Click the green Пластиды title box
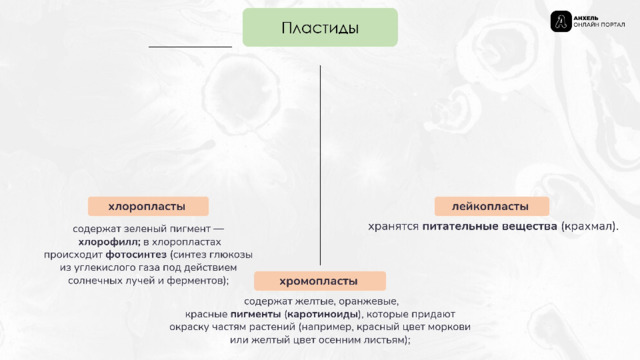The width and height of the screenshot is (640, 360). (x=320, y=27)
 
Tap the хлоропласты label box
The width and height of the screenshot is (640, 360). (x=148, y=206)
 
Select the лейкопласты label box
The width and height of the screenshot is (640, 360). (x=491, y=206)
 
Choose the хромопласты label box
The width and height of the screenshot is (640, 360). (x=320, y=281)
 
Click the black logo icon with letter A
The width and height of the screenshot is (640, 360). (x=561, y=21)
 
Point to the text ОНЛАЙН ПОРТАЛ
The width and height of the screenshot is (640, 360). (x=599, y=25)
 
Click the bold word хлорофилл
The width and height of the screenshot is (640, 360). (x=109, y=242)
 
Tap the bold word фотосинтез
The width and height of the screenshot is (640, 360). (x=136, y=255)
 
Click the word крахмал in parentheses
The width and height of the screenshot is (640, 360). (x=588, y=226)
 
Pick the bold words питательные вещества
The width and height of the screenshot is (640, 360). (x=489, y=226)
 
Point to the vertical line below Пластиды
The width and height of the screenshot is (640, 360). (x=320, y=165)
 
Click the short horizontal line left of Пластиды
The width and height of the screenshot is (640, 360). (x=190, y=47)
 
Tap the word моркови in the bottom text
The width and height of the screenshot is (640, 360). (x=449, y=327)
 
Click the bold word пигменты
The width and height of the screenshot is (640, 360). (x=256, y=314)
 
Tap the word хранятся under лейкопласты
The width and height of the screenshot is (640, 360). (x=393, y=226)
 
